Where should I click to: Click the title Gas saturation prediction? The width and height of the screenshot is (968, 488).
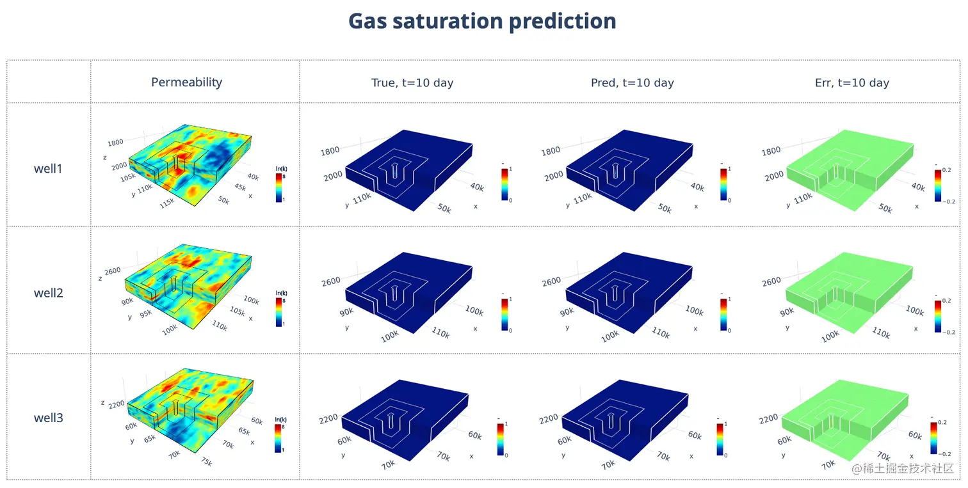click(482, 21)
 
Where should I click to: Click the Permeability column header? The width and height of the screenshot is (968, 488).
click(186, 82)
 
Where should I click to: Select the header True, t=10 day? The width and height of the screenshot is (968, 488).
click(412, 83)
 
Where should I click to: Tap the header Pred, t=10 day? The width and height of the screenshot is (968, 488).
click(632, 83)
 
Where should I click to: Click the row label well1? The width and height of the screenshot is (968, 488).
click(49, 169)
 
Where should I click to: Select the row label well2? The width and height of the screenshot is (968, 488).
click(49, 294)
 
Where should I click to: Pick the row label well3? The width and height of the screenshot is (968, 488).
click(49, 418)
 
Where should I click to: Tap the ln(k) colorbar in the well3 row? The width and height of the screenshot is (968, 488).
click(278, 438)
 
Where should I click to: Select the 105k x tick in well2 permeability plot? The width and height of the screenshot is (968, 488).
click(237, 311)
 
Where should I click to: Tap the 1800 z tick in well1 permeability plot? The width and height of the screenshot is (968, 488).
click(115, 143)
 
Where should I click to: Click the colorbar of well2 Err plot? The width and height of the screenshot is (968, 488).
click(937, 314)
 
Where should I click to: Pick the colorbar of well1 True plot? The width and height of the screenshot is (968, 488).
click(504, 185)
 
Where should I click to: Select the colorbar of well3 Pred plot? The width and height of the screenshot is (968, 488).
click(720, 439)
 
